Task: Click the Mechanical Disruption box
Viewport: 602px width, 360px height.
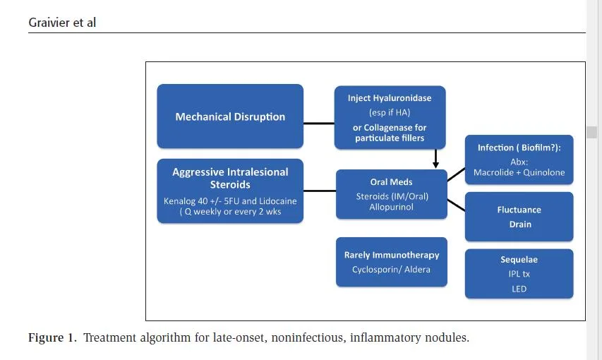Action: coord(230,116)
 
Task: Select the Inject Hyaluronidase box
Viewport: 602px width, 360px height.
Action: coord(390,117)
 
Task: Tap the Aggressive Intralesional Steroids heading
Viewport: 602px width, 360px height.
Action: coord(230,178)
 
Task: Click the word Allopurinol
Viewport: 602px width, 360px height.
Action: coord(391,207)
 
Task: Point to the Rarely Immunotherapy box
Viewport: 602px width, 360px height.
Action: coord(391,262)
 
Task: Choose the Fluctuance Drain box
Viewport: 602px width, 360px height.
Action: coord(519,217)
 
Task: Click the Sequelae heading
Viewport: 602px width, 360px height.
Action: coord(519,259)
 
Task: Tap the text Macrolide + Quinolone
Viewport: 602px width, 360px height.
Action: coord(519,172)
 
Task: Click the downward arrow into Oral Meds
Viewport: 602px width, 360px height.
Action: coord(435,158)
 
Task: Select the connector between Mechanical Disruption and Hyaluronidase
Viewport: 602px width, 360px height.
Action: coord(319,124)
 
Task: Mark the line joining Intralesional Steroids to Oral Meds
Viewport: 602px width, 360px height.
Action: coord(320,191)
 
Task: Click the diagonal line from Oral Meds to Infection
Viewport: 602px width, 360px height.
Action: coord(456,174)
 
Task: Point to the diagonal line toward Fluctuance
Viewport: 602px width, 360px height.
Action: coord(456,205)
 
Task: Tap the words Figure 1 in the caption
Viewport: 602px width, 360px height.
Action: coord(52,337)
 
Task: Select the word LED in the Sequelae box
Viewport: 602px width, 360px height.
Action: coord(519,289)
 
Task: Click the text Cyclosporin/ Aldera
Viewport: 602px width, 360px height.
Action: coord(391,270)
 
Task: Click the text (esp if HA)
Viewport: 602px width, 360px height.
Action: coord(390,112)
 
